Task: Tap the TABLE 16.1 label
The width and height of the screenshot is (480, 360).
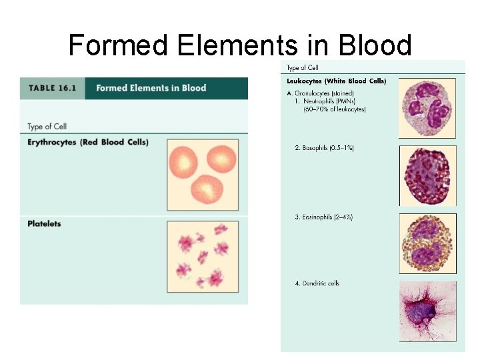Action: [x=52, y=88]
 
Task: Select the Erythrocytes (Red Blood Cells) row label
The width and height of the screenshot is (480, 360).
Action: [x=88, y=142]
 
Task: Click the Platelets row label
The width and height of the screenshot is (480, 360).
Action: [x=44, y=223]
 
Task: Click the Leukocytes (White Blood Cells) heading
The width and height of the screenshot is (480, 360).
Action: [x=336, y=81]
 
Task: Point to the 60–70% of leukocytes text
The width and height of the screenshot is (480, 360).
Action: [x=335, y=109]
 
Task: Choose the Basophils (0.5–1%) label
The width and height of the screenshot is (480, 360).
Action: [x=324, y=147]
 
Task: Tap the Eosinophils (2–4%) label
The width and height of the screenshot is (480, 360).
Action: [x=324, y=217]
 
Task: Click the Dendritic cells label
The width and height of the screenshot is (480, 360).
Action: [x=317, y=283]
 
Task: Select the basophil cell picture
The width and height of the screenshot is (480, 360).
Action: [x=427, y=176]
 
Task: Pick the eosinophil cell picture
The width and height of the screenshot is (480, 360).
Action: [x=427, y=243]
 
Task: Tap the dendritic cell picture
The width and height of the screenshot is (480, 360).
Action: [x=427, y=312]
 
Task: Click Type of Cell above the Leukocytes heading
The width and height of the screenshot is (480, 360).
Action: [x=302, y=68]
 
